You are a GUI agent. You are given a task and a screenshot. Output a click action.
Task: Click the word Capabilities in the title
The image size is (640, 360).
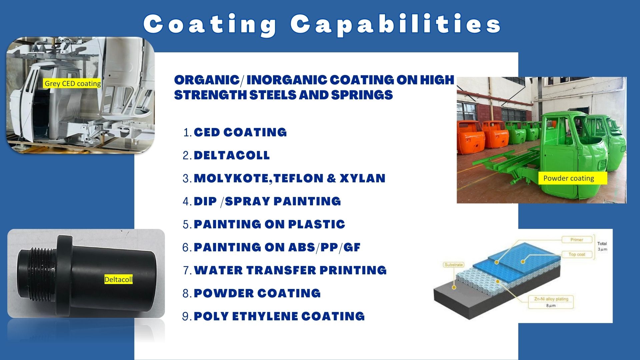click(396, 24)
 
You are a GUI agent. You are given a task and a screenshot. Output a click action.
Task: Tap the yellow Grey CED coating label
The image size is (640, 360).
click(72, 83)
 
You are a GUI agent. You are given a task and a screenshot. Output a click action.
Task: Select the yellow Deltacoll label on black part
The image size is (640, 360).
click(118, 279)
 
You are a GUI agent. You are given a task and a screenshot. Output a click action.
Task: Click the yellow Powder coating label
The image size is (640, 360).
click(572, 178)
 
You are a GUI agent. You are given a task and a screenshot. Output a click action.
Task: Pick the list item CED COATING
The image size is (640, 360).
click(240, 132)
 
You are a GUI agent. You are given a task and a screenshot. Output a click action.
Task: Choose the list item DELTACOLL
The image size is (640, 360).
click(232, 155)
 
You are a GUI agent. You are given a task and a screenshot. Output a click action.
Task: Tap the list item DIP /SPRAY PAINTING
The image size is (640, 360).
click(267, 201)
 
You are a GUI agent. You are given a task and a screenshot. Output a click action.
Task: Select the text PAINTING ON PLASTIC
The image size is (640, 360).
click(269, 224)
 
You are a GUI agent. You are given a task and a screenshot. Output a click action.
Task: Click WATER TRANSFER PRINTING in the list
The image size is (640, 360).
click(290, 270)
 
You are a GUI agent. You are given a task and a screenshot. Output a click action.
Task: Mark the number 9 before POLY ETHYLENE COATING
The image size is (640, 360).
click(186, 316)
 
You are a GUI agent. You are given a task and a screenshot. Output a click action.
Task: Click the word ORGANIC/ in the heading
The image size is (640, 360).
click(209, 80)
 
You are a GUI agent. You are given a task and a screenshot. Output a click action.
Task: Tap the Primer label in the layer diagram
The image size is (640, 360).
click(577, 240)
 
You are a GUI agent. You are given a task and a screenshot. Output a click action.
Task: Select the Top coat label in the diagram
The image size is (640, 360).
click(577, 254)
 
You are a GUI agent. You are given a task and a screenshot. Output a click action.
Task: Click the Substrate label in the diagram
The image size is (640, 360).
click(454, 265)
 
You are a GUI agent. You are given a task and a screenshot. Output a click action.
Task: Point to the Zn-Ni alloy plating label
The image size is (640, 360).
click(551, 299)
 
